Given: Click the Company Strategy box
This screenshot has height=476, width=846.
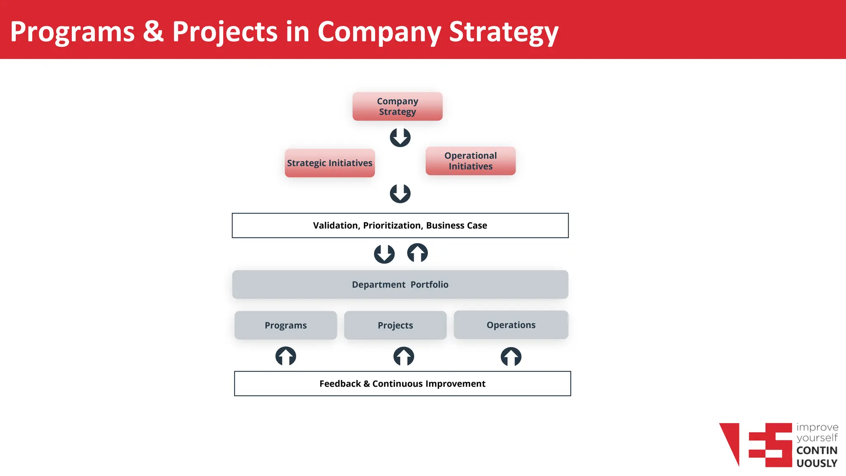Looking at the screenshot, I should [x=397, y=106].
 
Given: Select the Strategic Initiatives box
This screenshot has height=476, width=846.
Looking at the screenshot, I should [x=330, y=163].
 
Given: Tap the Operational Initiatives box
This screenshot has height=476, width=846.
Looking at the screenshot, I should [x=471, y=161].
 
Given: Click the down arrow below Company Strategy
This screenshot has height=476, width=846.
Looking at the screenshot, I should [x=400, y=137].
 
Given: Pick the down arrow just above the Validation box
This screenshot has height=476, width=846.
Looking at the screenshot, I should [x=400, y=193].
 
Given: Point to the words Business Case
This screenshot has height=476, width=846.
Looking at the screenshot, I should [x=456, y=225].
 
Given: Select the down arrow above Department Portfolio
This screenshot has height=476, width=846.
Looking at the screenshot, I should [x=384, y=254].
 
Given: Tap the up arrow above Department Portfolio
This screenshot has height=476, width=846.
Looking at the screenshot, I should [x=417, y=253].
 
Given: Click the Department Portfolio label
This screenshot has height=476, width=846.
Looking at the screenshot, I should [x=400, y=284].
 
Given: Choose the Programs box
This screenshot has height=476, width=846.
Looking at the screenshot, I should [x=285, y=325].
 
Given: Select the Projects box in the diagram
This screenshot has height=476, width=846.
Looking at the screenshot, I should [x=395, y=325].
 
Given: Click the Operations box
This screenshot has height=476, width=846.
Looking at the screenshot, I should [x=511, y=325].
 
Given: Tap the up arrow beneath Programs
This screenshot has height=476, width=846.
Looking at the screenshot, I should [x=285, y=356].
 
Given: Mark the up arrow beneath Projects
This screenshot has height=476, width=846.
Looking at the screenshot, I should [x=404, y=356].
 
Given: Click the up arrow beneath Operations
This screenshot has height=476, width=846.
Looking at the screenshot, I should [x=511, y=357].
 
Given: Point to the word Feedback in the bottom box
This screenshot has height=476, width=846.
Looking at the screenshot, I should [x=340, y=383].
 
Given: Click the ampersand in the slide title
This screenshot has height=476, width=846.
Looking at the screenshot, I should [x=153, y=31].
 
